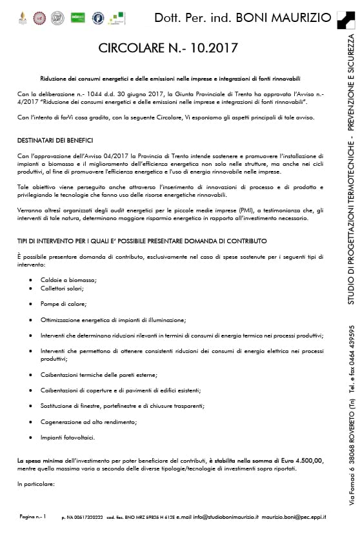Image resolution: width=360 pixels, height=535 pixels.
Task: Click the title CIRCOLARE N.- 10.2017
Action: pos(168,48)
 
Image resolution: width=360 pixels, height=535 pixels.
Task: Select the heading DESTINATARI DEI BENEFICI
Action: pos(55,140)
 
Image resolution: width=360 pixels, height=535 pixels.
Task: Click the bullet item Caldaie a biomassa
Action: pos(68,279)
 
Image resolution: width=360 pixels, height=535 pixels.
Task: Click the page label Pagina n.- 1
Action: pos(33,517)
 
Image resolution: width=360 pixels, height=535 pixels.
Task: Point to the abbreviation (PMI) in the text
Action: pos(205,210)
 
